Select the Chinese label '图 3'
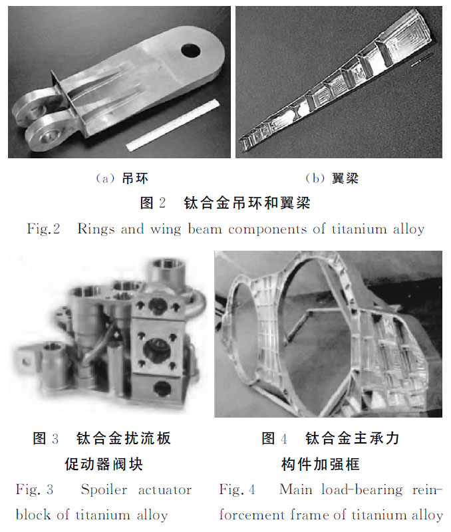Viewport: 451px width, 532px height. pos(46,438)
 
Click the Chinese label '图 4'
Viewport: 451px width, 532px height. pos(274,438)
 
